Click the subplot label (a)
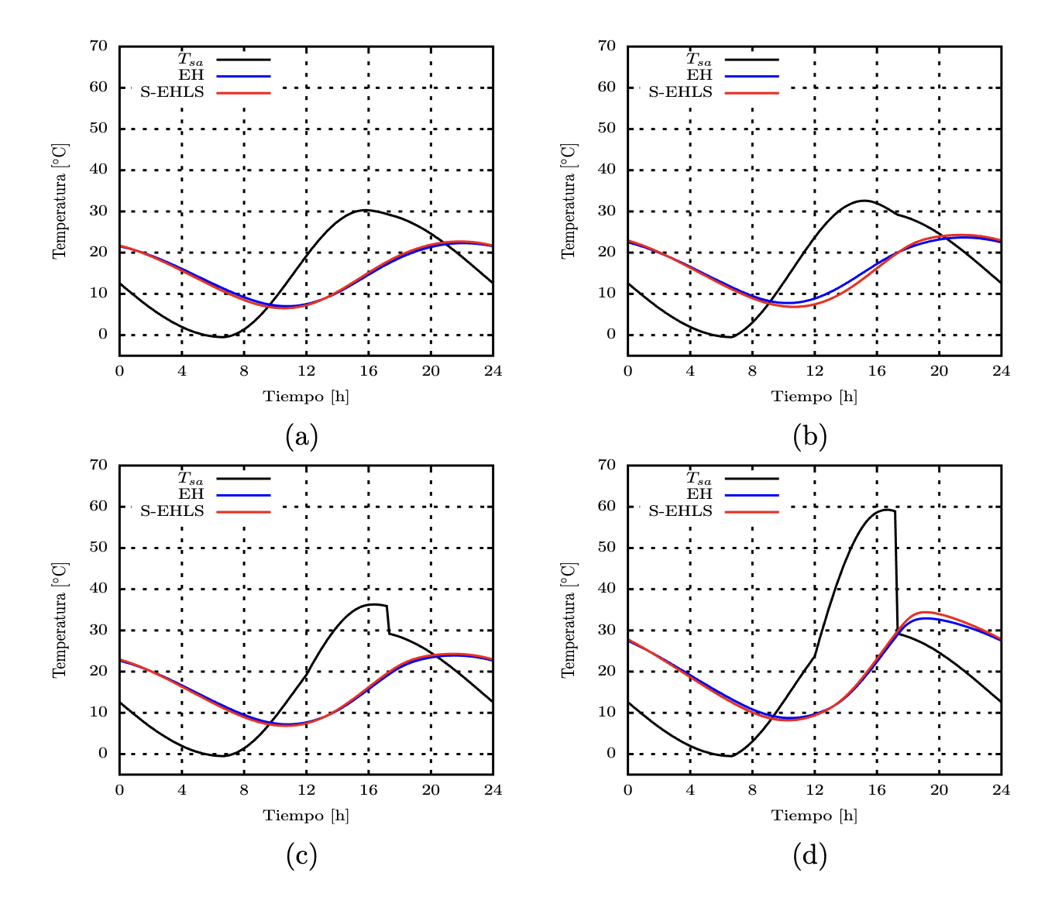pos(301,437)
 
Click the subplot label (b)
pos(809,437)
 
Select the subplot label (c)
pos(301,856)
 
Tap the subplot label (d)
pos(809,856)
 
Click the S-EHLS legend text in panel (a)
pos(172,92)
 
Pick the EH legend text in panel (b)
pos(699,75)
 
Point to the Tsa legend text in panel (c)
pos(191,479)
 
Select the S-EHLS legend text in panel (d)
pos(680,511)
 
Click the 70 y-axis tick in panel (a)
pos(98,46)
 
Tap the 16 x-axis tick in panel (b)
pos(876,371)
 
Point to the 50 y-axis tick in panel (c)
pos(98,547)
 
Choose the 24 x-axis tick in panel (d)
pos(1001,790)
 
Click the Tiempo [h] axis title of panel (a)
pos(306,397)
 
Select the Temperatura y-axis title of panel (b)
pos(569,201)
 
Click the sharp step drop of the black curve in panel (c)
pos(387,619)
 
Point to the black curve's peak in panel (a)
pos(364,210)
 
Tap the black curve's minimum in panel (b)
pos(730,337)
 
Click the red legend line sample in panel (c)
pos(243,511)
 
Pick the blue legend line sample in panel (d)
pos(751,494)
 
